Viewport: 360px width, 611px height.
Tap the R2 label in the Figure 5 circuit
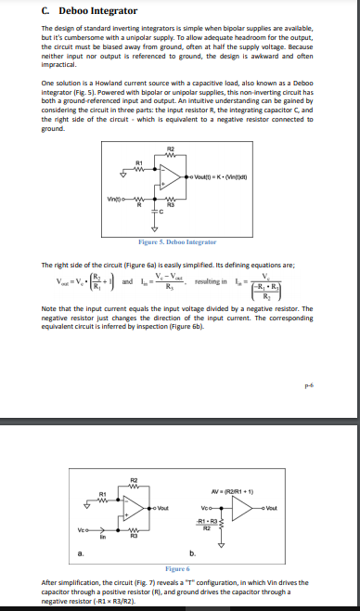coord(170,149)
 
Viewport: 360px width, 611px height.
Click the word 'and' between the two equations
coord(126,280)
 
